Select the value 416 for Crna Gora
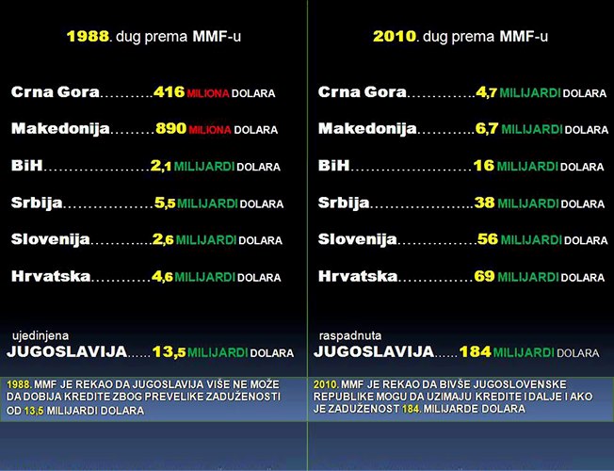(x=169, y=92)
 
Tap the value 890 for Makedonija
(x=170, y=128)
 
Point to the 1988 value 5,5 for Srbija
(x=163, y=203)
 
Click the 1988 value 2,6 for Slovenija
(x=162, y=239)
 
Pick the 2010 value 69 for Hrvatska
(x=484, y=277)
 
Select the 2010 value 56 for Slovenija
(x=487, y=239)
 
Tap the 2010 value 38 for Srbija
(x=484, y=203)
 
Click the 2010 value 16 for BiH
(x=483, y=166)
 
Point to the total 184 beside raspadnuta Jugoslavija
(x=476, y=351)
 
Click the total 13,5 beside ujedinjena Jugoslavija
(x=169, y=351)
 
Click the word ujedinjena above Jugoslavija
(x=40, y=334)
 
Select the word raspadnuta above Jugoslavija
(x=347, y=334)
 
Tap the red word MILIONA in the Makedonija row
(x=209, y=130)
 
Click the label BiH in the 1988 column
(x=26, y=166)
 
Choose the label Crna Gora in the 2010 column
(x=363, y=92)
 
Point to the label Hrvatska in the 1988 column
(x=51, y=277)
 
